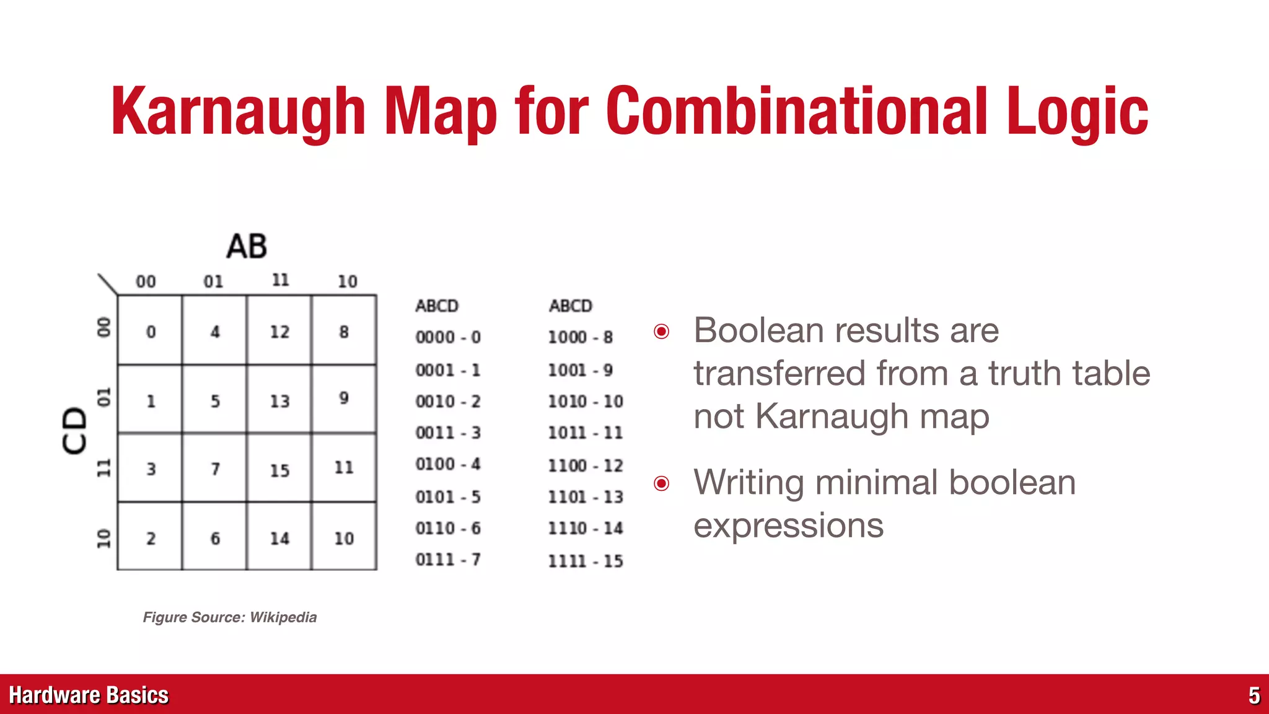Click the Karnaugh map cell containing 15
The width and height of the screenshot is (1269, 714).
point(279,469)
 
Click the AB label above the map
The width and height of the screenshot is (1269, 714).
point(247,246)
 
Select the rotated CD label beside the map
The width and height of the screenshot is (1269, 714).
point(75,431)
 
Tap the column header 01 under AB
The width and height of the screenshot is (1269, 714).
point(213,281)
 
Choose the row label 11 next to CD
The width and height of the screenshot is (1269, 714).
point(103,468)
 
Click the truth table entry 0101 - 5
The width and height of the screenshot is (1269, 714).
point(448,496)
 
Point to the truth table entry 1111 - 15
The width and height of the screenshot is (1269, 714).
point(586,561)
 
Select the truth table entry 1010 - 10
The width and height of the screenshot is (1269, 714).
point(586,402)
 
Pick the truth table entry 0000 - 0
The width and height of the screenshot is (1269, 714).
point(448,337)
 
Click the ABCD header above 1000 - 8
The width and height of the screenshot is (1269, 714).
point(571,306)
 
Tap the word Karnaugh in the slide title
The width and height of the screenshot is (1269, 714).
point(239,112)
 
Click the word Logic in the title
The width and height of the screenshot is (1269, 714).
point(1077,112)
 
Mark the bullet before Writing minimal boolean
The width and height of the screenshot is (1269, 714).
point(662,483)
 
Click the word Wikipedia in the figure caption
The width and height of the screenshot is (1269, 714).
point(283,617)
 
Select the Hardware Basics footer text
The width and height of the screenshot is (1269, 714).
point(89,695)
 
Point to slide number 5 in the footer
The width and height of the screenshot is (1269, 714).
point(1254,695)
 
